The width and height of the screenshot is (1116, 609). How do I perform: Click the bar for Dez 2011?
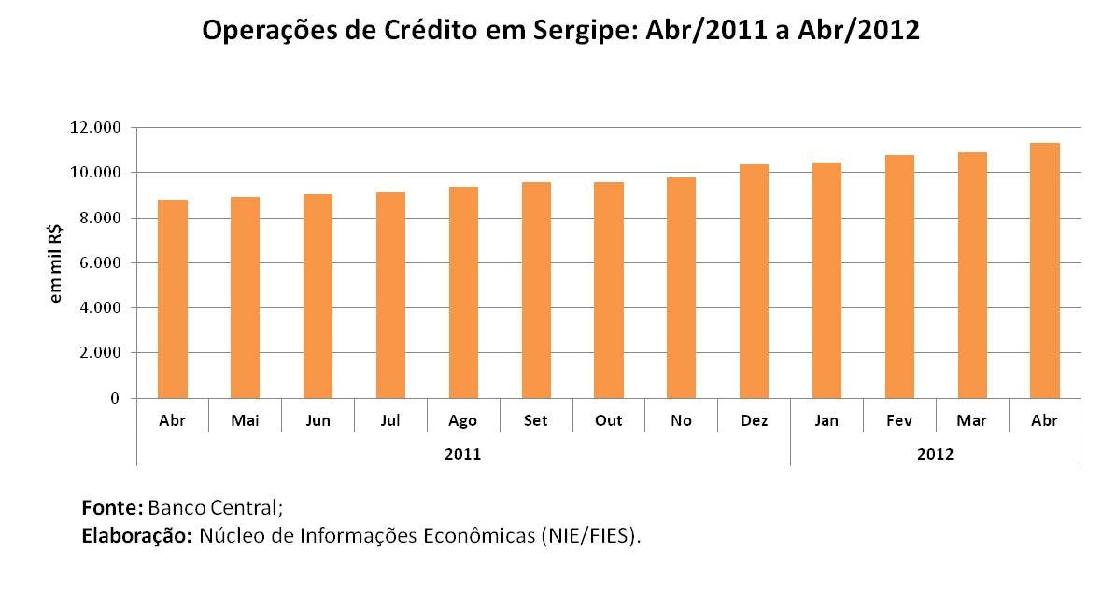coord(754,281)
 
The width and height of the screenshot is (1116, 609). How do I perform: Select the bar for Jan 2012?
coord(826,280)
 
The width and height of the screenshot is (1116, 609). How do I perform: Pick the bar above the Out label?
coord(609,290)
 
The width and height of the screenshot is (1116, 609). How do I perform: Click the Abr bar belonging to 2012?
coord(1044,271)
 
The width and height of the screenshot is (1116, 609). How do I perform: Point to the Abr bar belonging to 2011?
coord(173,299)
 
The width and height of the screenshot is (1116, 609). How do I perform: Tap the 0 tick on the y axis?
coord(115,399)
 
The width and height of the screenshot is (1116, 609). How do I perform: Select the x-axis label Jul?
coord(390,421)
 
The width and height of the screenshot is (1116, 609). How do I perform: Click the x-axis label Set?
coord(536,421)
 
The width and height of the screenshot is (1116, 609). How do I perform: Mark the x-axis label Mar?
coord(971,421)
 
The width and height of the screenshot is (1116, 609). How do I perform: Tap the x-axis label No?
coord(681,421)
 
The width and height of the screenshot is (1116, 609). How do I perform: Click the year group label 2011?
coord(463,455)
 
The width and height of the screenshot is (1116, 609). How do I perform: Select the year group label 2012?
coord(935,455)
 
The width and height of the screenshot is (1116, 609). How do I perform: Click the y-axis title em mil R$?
coord(57,263)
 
